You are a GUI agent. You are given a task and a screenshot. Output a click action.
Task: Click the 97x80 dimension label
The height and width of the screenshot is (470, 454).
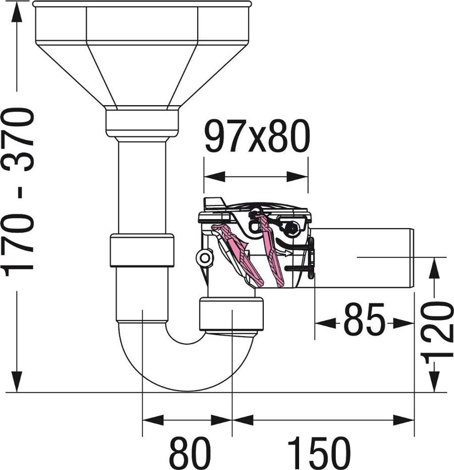tap(257, 136)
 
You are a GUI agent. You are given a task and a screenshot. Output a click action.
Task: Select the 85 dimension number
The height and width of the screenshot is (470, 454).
tap(364, 320)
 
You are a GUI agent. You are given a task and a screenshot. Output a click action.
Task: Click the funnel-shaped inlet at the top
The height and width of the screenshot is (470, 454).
tap(142, 54)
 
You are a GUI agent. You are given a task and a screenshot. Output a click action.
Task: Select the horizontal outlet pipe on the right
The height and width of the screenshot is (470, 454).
tap(362, 258)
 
